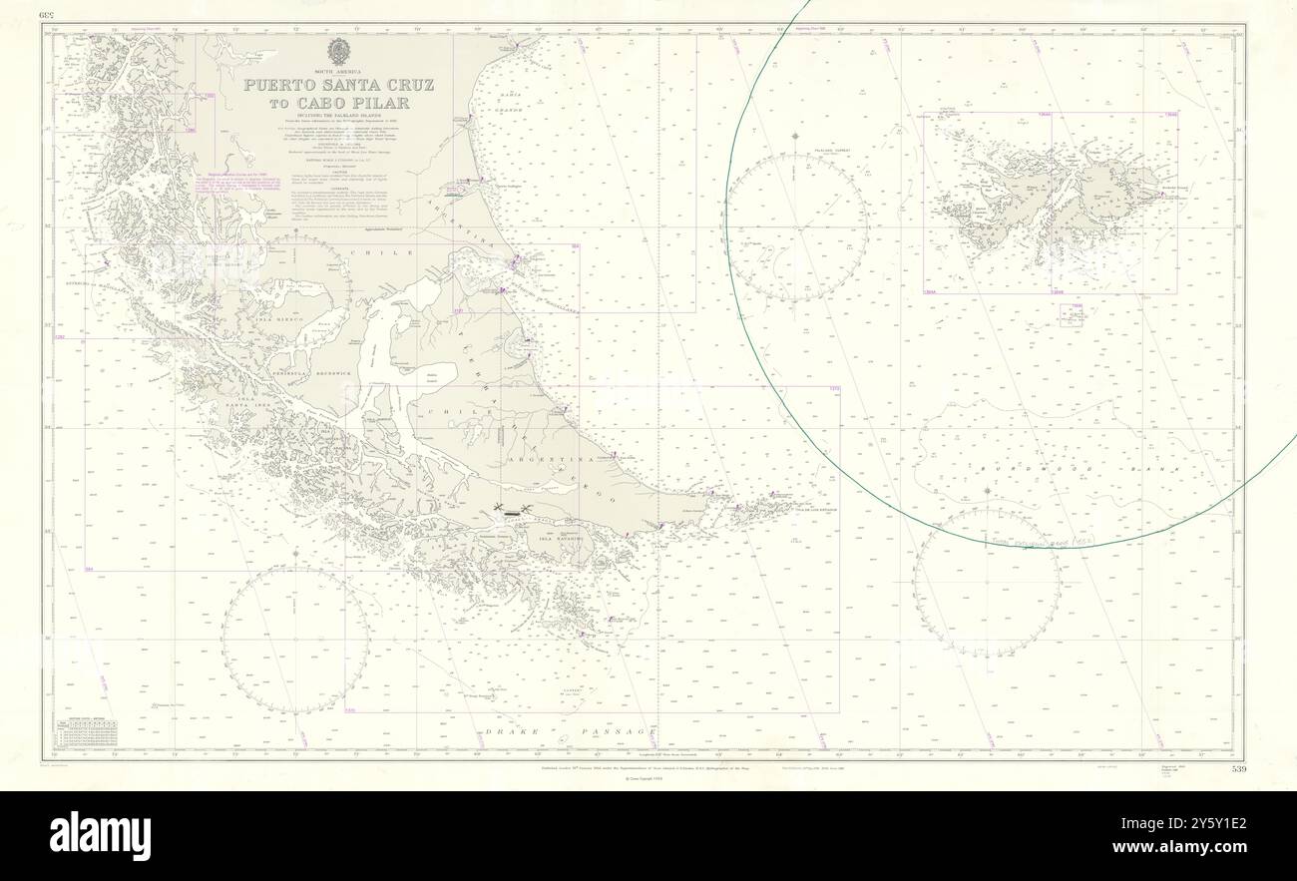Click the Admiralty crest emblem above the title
pyautogui.click(x=339, y=51)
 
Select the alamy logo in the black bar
pyautogui.click(x=101, y=836)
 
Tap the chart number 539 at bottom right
pyautogui.click(x=1238, y=769)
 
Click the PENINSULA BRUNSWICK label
pyautogui.click(x=289, y=371)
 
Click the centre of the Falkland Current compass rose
pyautogui.click(x=796, y=226)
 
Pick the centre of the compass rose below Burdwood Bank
pyautogui.click(x=986, y=583)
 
